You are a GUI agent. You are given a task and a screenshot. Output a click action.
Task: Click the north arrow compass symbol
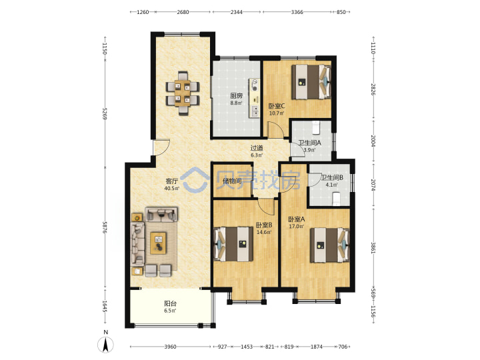click(x=105, y=345)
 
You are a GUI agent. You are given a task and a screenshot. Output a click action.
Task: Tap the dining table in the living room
click(x=183, y=93)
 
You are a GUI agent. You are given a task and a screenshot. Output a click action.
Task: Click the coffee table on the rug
click(x=158, y=243)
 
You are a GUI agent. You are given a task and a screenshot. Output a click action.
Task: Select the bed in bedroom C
click(x=311, y=82)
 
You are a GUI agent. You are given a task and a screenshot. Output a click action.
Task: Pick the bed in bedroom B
click(x=233, y=244)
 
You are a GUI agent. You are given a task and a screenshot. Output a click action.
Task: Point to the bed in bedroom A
click(x=330, y=245)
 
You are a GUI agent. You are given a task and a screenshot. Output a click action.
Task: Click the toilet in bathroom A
click(x=315, y=127)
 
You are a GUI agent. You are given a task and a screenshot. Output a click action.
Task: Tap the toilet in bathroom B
click(x=337, y=199)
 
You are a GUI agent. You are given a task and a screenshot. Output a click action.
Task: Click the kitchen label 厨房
click(x=236, y=96)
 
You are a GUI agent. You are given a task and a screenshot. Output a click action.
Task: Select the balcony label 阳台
click(x=170, y=304)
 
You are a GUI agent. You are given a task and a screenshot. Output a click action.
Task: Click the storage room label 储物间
click(x=232, y=181)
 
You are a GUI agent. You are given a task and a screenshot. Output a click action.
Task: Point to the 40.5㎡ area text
click(x=171, y=189)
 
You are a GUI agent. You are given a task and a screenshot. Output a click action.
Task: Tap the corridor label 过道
click(x=257, y=148)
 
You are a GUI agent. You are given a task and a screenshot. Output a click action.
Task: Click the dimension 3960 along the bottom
click(x=170, y=347)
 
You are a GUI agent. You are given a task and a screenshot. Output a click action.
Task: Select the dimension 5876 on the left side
click(x=105, y=228)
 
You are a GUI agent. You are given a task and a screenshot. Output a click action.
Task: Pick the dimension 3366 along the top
click(x=297, y=12)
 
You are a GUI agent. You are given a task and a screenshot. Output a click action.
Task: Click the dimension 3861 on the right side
click(x=373, y=248)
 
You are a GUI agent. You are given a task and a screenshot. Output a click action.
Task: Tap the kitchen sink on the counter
click(x=255, y=111)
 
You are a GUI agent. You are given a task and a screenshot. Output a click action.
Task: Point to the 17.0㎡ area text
click(x=296, y=227)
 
